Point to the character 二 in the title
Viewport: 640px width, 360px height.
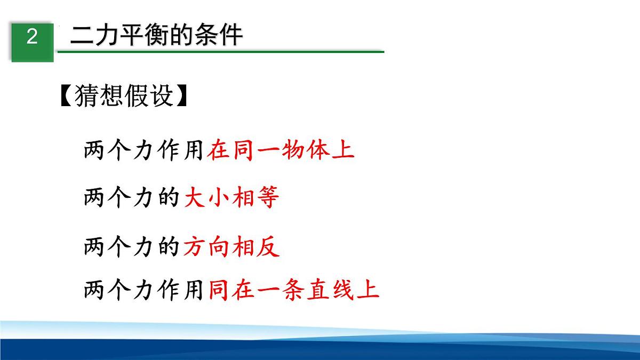point(81,35)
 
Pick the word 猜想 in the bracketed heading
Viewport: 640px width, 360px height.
point(100,96)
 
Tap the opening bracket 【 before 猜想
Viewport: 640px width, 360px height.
point(67,96)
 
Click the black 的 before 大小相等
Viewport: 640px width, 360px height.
point(169,199)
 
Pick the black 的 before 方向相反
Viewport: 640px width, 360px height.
point(169,247)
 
